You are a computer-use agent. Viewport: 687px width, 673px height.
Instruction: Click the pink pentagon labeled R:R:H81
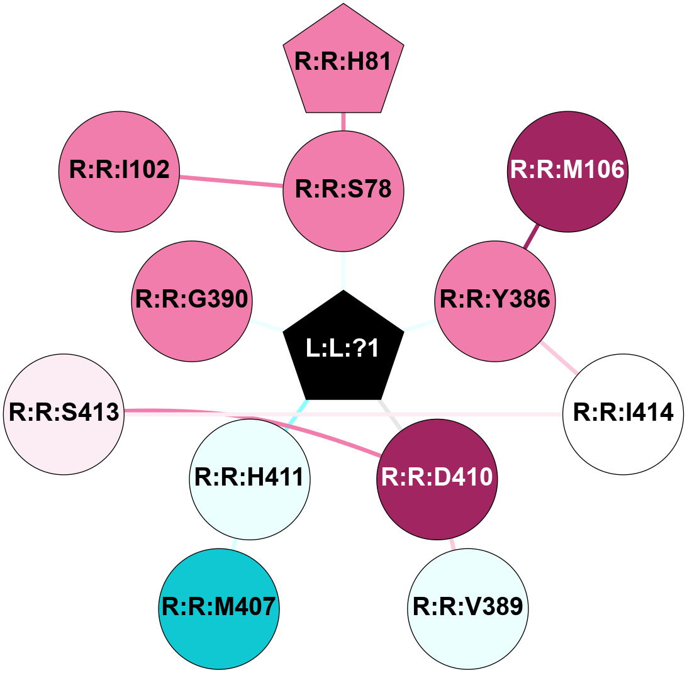(343, 63)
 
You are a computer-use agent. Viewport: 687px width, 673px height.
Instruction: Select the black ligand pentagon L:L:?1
(343, 349)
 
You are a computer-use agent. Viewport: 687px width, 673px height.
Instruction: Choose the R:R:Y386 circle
(494, 301)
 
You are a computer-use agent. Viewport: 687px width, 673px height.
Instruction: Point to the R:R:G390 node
(192, 301)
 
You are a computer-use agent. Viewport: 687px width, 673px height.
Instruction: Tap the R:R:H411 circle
(249, 479)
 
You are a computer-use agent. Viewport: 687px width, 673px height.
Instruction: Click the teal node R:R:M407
(218, 608)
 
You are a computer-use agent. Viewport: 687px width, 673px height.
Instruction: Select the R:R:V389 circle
(467, 608)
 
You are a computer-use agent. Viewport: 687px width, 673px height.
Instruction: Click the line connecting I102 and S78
(231, 181)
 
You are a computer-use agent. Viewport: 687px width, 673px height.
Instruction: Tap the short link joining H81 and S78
(343, 121)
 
